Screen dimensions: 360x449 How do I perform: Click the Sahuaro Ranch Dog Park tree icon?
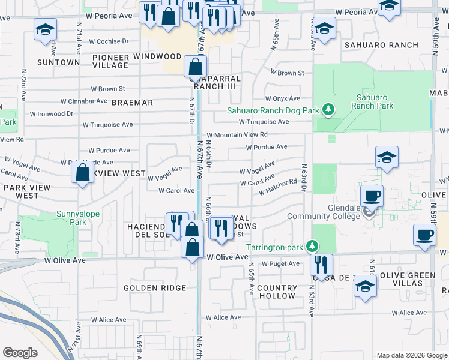328,110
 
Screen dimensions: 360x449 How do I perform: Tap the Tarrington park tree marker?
311,247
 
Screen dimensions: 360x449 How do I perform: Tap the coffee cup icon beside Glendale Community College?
372,196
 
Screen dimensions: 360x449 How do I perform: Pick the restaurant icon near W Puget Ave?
321,264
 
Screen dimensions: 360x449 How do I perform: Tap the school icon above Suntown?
44,30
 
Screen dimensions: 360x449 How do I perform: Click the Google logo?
20,353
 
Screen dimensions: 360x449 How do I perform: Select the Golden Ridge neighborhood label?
148,288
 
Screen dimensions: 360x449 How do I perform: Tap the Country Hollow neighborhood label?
276,292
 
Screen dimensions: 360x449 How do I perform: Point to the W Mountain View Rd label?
237,135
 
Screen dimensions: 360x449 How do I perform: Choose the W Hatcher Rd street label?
278,187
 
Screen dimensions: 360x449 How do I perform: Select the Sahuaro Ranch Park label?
375,101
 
